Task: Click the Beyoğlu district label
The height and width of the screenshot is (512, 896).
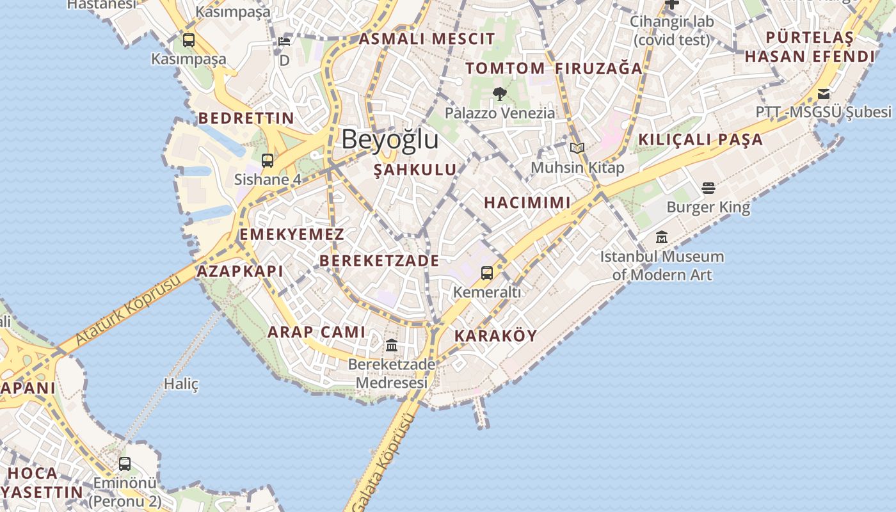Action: click(x=390, y=140)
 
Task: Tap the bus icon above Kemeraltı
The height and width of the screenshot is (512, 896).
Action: click(x=487, y=273)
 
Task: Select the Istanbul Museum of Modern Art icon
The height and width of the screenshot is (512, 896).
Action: click(x=662, y=237)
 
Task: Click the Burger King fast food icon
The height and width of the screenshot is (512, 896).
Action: click(x=708, y=188)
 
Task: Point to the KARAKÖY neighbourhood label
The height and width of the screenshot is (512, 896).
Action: click(x=495, y=336)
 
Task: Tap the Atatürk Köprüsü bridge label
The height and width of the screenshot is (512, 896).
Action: click(x=128, y=311)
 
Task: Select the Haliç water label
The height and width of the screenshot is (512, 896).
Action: click(x=181, y=384)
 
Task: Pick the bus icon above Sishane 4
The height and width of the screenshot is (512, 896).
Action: click(x=268, y=160)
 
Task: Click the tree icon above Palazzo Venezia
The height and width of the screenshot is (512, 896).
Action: click(x=500, y=94)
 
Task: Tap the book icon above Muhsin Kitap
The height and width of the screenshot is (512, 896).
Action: click(x=577, y=148)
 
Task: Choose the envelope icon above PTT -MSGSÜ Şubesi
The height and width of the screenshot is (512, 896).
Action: click(x=823, y=93)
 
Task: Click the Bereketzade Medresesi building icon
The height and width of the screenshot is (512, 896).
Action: click(x=392, y=346)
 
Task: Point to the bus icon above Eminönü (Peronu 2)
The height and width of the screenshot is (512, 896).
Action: click(x=125, y=463)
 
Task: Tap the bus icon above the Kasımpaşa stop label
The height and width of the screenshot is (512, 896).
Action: click(x=188, y=40)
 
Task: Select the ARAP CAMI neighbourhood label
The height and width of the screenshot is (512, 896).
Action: click(x=316, y=332)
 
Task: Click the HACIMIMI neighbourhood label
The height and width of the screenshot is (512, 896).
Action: click(x=527, y=203)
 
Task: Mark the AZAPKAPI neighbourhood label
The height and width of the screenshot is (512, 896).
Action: click(x=239, y=271)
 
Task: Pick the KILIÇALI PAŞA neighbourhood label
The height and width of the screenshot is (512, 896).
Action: click(x=700, y=140)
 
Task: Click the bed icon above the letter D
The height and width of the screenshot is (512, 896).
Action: click(x=284, y=42)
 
